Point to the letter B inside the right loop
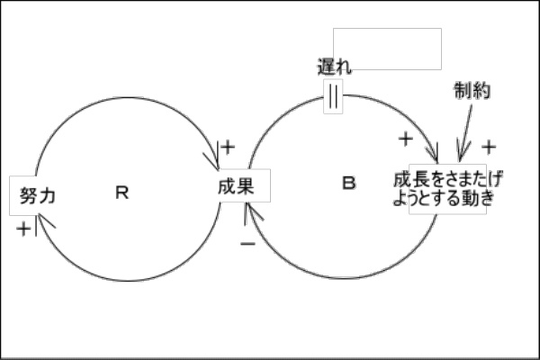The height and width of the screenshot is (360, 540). coord(349,184)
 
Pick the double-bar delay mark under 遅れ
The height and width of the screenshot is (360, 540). coord(333,97)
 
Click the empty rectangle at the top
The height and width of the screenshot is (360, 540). coord(387,49)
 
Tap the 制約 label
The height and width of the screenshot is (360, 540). coord(472,91)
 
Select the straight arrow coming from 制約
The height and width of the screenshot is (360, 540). coord(467,130)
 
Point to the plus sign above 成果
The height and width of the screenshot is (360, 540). coord(228,146)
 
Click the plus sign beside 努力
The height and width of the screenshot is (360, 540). coord(22,229)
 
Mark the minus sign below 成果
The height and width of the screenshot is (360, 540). coord(247,244)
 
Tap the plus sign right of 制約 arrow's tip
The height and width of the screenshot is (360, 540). coord(489,147)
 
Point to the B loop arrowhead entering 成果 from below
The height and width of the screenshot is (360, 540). coord(253,212)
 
